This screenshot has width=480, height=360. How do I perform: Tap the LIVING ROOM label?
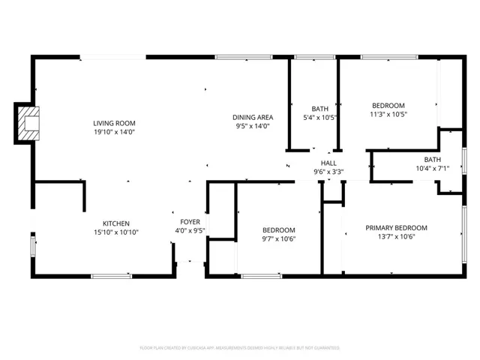tap(114, 123)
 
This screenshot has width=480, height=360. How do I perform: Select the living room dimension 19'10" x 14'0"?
tap(114, 133)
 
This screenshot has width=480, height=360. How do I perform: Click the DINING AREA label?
tap(252, 117)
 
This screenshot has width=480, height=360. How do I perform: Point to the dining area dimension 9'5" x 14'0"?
tap(252, 127)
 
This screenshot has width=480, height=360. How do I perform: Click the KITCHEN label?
tap(116, 223)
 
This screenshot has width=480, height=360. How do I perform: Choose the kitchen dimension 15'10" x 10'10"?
tap(116, 232)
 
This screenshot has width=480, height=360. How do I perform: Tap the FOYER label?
tap(190, 222)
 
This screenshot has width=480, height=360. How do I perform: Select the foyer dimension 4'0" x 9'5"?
tap(190, 231)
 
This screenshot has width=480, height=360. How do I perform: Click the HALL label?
tap(328, 163)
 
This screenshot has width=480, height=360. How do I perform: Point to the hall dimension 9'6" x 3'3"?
tap(328, 172)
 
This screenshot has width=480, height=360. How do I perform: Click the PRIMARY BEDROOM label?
tap(396, 228)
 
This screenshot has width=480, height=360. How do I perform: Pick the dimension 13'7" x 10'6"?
tap(396, 237)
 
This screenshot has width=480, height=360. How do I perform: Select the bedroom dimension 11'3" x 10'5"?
tap(388, 115)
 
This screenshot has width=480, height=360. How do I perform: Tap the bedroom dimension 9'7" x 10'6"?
tap(278, 239)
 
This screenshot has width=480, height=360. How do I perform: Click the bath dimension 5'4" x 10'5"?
tap(320, 118)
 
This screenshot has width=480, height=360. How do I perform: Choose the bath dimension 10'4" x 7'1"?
tap(432, 169)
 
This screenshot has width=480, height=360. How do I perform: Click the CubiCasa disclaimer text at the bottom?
tap(240, 348)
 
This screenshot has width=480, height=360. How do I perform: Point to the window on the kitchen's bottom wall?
tap(111, 276)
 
